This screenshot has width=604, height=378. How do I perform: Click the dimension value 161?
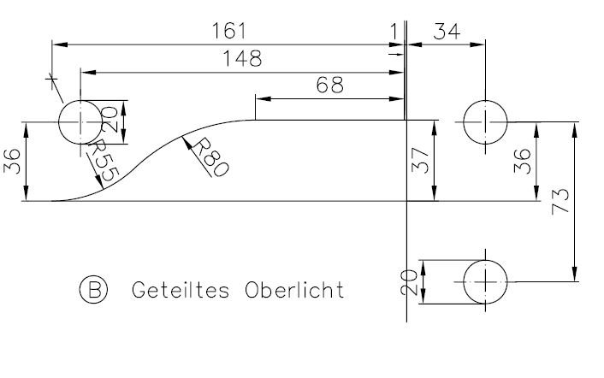tap(228, 31)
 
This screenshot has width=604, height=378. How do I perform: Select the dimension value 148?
tap(243, 58)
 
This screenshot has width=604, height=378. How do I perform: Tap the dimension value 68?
tap(329, 85)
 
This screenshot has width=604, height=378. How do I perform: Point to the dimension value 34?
tap(447, 31)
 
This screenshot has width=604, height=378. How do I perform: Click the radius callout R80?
tap(210, 158)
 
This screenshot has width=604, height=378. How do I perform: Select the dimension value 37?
tap(420, 161)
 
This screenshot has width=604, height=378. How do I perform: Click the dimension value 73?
tap(560, 201)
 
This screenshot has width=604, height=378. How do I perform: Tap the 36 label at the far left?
tap(12, 161)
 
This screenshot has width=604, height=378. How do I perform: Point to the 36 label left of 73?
tap(523, 161)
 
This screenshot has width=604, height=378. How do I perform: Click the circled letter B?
tap(93, 289)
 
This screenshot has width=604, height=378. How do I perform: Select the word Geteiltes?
tap(181, 290)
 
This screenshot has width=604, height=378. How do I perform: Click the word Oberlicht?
tap(294, 290)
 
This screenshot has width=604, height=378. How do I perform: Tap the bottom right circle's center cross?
tap(485, 281)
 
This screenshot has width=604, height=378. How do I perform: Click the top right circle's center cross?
tap(485, 122)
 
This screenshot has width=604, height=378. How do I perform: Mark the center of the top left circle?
tap(80, 122)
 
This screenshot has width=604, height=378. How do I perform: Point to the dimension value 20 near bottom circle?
tap(409, 282)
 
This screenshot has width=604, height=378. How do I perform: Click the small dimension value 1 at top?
tap(394, 31)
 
